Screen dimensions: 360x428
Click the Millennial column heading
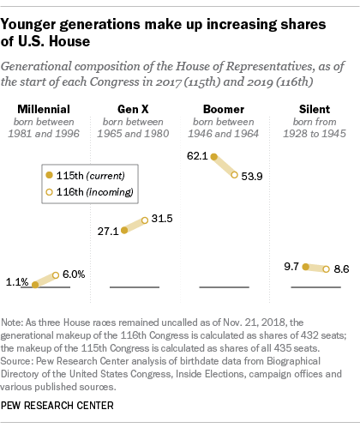pos(44,109)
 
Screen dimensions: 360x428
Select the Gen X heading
pos(133,109)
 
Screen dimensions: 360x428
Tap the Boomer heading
pos(224,109)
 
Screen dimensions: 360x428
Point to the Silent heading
pos(315,109)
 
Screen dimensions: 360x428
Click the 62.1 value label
pos(197,156)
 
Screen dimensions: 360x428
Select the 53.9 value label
pos(252,177)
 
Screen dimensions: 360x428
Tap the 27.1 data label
pos(108,232)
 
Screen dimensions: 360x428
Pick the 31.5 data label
pos(162,219)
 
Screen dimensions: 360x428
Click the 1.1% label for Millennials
pos(17,282)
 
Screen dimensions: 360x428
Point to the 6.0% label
pos(74,274)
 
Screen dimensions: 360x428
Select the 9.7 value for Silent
pos(291,267)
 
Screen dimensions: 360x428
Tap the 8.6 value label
pos(341,269)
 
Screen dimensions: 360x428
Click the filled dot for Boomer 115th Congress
pos(214,156)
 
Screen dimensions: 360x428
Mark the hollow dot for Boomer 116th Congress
pos(234,175)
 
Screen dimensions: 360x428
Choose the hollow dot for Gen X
pos(145,220)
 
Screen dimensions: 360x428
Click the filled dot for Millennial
pos(35,285)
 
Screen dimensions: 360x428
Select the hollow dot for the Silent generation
pos(326,269)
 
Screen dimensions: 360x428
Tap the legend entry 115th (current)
pos(85,176)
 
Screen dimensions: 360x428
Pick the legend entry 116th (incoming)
pos(89,192)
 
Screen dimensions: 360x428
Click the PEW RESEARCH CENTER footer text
pos(57,406)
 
